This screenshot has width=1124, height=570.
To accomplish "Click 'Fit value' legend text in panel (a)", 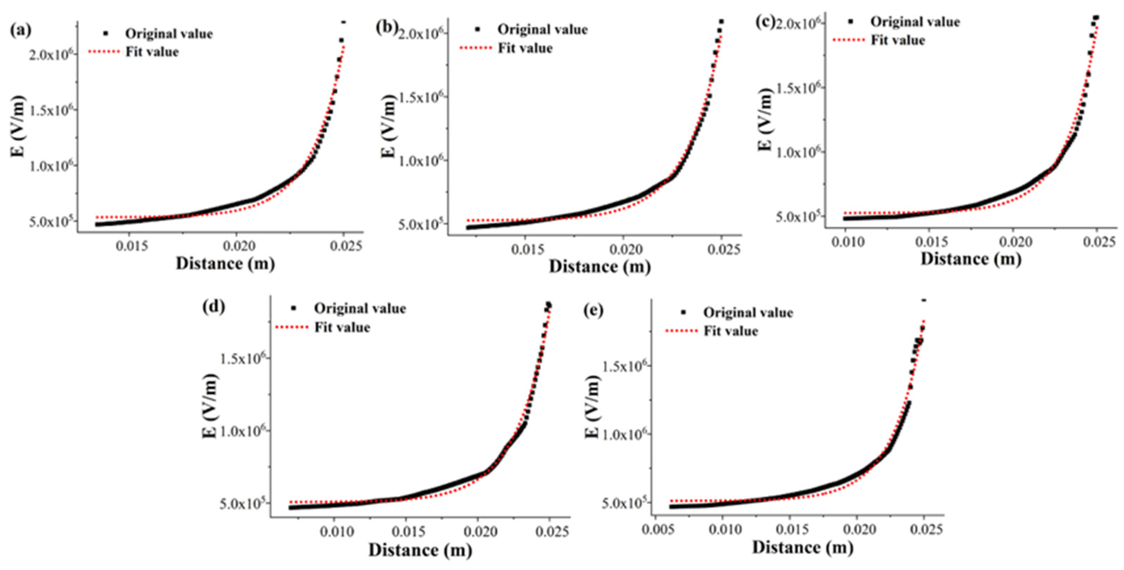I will [152, 52].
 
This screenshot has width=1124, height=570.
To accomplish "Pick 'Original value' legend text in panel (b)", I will [542, 30].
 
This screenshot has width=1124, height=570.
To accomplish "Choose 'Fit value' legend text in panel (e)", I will [730, 331].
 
